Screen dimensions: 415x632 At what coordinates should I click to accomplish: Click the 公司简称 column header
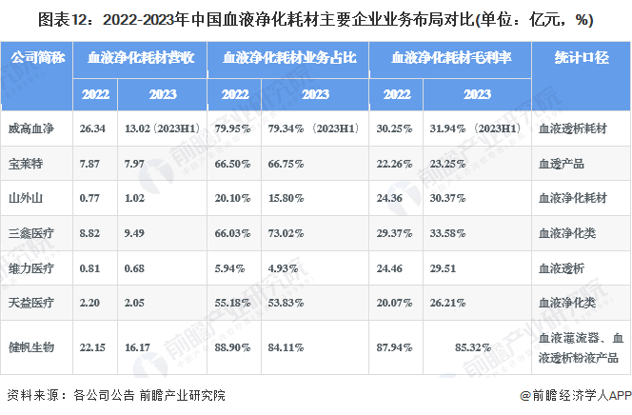point(38,58)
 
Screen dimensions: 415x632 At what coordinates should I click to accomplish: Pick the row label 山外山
point(26,198)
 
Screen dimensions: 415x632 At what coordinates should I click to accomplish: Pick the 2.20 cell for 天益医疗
point(90,303)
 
